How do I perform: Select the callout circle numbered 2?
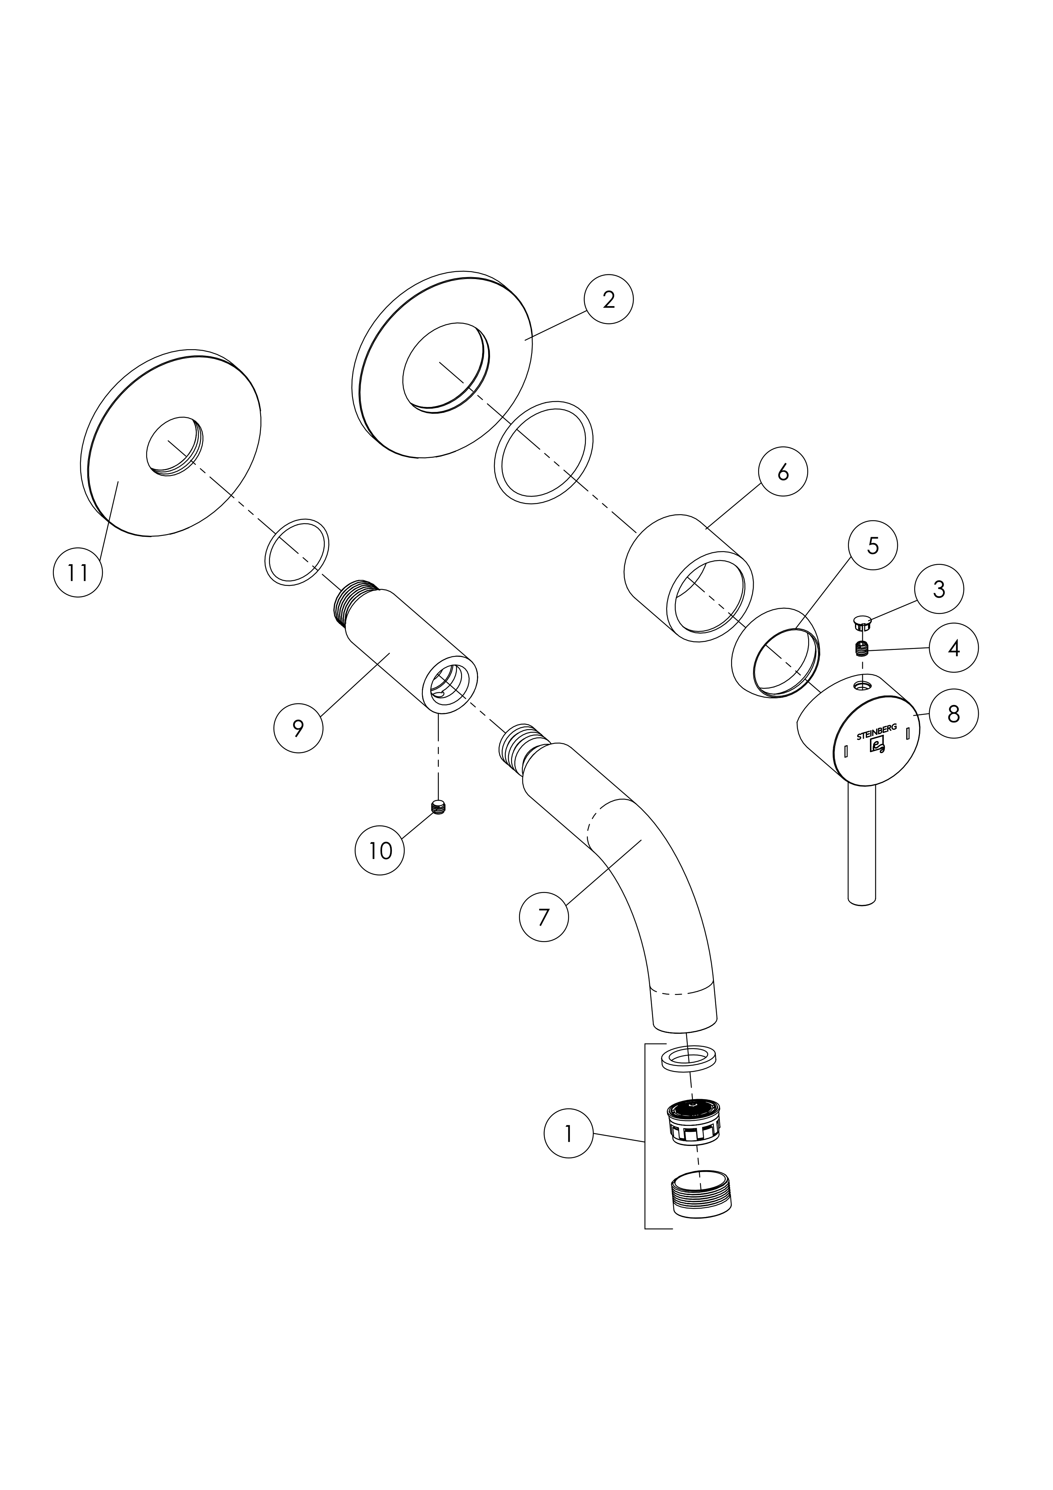pyautogui.click(x=608, y=299)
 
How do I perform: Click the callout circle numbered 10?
pyautogui.click(x=380, y=850)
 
